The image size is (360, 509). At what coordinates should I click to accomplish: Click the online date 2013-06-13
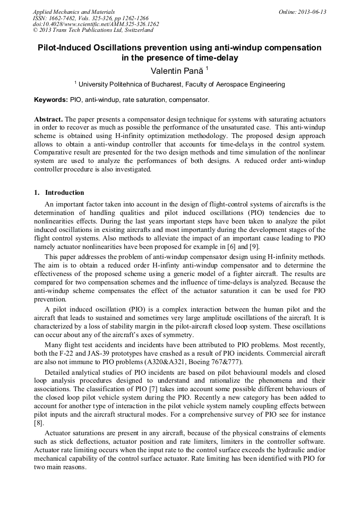coord(312,12)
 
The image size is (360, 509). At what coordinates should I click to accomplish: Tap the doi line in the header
coord(96,24)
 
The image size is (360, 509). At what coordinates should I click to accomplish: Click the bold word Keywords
coord(50,100)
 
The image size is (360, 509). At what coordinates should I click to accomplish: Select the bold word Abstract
coord(48,119)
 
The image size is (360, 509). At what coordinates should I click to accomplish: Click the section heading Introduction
coord(64,193)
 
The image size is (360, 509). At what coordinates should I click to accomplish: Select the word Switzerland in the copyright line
coord(136,30)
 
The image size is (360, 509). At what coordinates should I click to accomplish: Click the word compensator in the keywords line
coord(191,100)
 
